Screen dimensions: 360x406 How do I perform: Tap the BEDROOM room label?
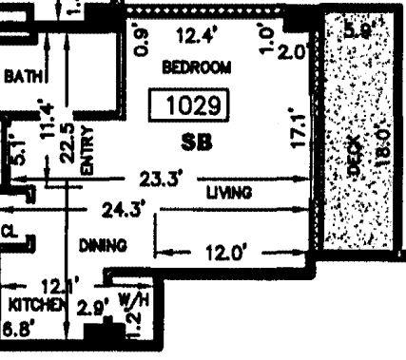coord(197,67)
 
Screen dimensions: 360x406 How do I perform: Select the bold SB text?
coord(195,142)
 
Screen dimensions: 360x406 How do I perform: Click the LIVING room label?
coord(229,192)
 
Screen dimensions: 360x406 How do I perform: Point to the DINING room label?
coord(103,245)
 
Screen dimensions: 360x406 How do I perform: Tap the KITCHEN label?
coord(34,305)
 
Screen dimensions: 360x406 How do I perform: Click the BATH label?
coord(20,74)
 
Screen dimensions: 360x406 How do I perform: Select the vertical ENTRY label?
coord(87,150)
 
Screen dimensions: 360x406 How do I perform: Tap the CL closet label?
coord(10,230)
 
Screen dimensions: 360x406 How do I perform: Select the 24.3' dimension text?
coord(124,209)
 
